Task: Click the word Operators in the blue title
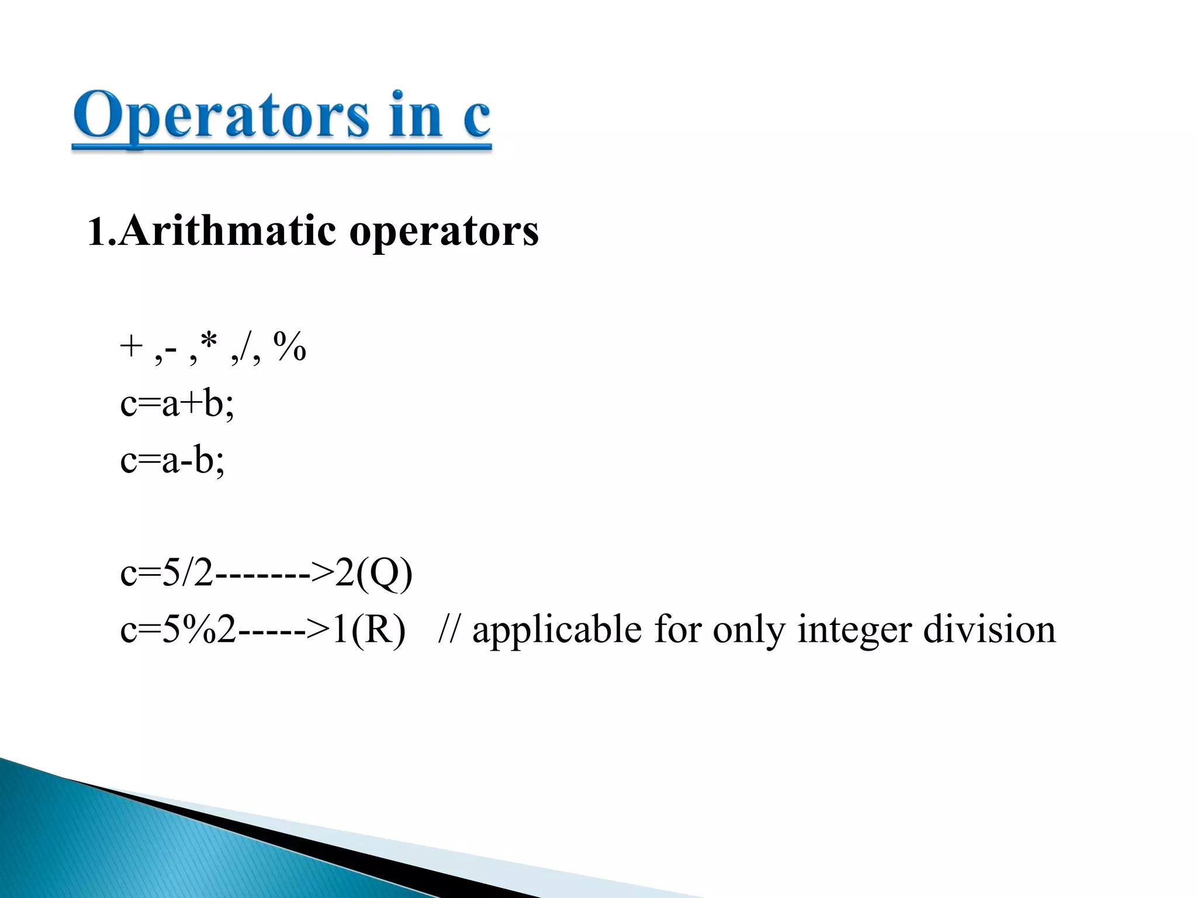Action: click(221, 116)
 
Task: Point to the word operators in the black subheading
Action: click(444, 233)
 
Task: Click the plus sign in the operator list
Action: click(131, 346)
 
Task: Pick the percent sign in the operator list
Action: click(289, 346)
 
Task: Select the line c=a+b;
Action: click(177, 403)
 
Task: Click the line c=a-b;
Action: click(172, 460)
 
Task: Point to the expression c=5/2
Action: click(167, 574)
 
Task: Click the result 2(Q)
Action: click(373, 574)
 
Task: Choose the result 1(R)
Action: click(368, 630)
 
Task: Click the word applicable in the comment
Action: click(556, 630)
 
